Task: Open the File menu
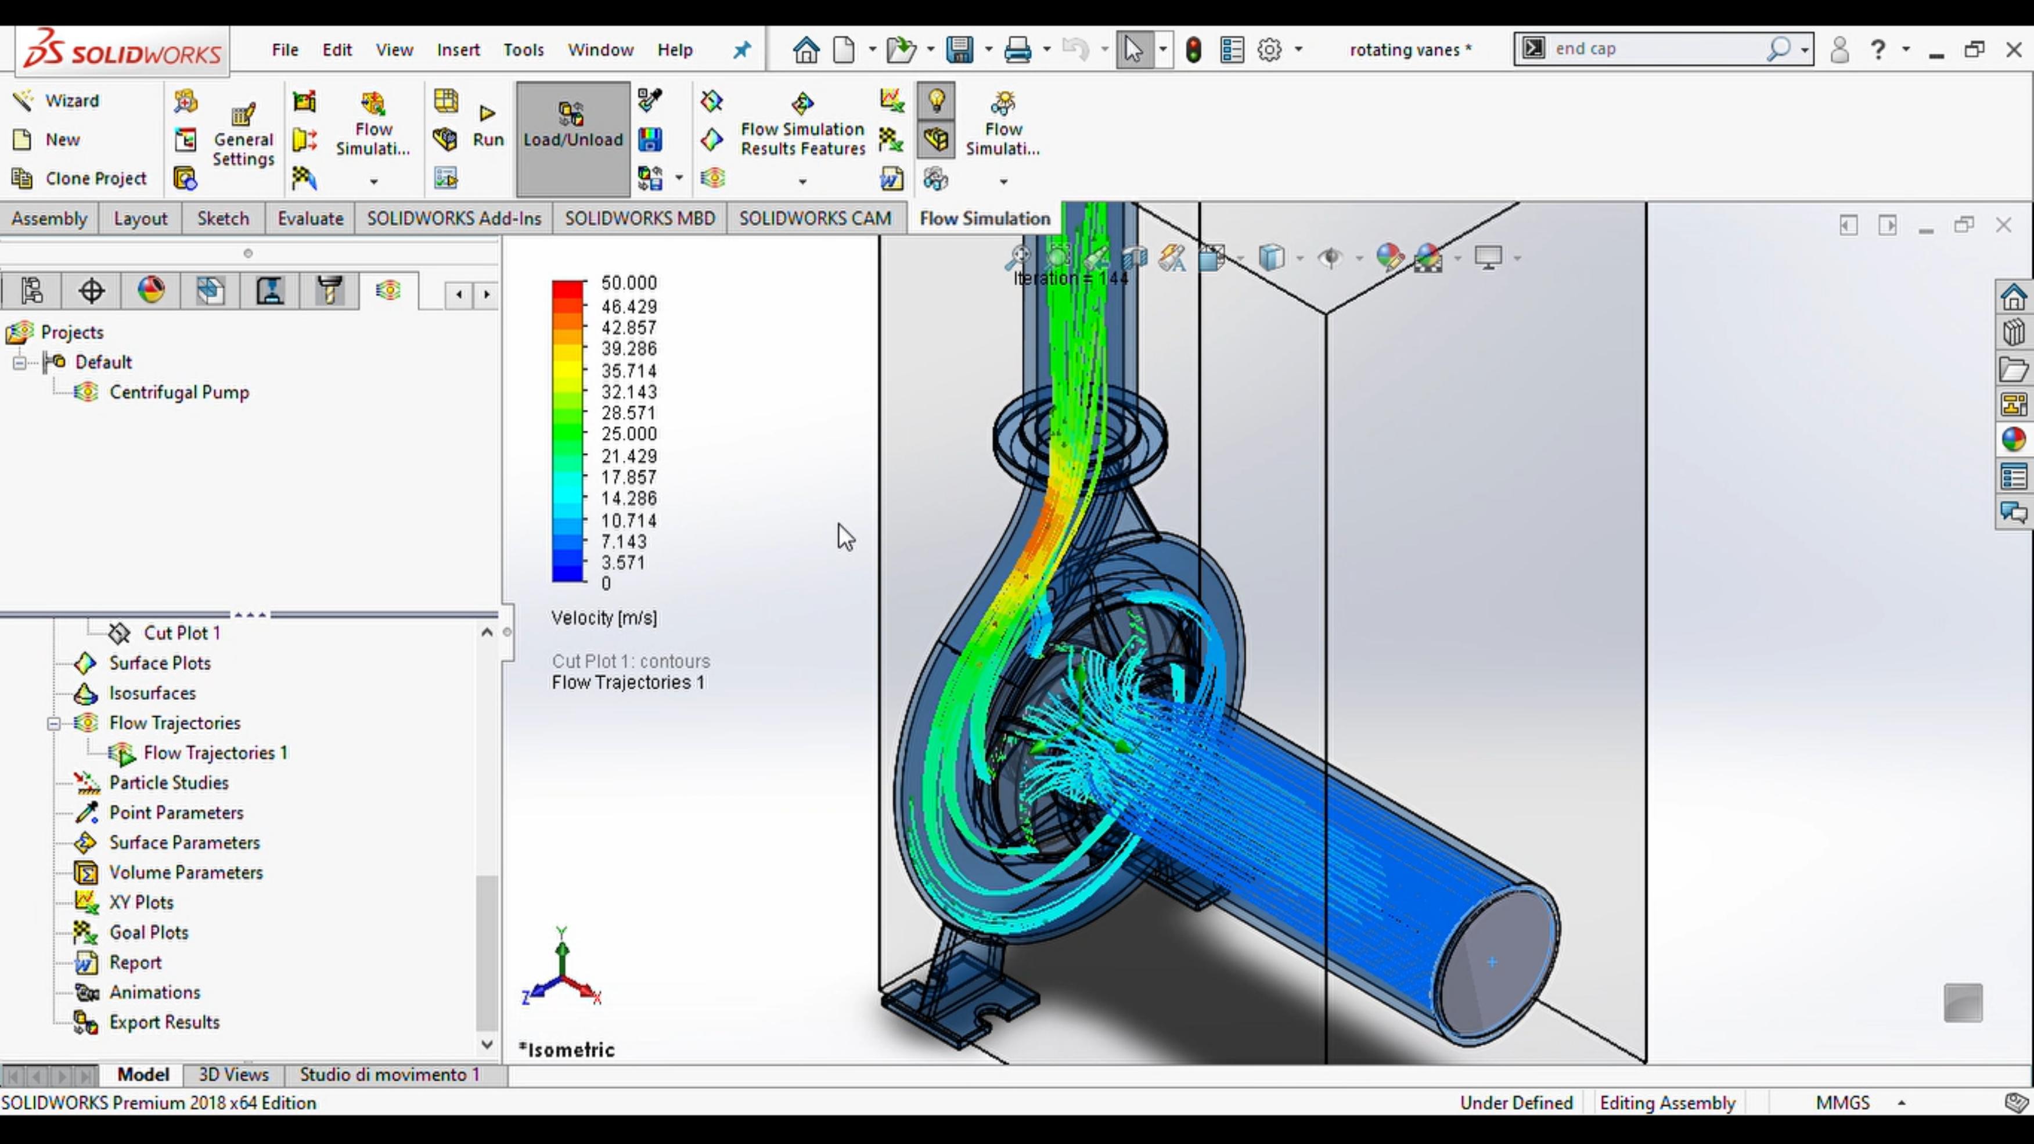[285, 50]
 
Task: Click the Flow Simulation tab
[985, 219]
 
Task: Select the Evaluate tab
[310, 219]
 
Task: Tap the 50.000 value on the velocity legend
[628, 283]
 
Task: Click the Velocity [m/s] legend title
[604, 618]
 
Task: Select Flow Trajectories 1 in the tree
[215, 753]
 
